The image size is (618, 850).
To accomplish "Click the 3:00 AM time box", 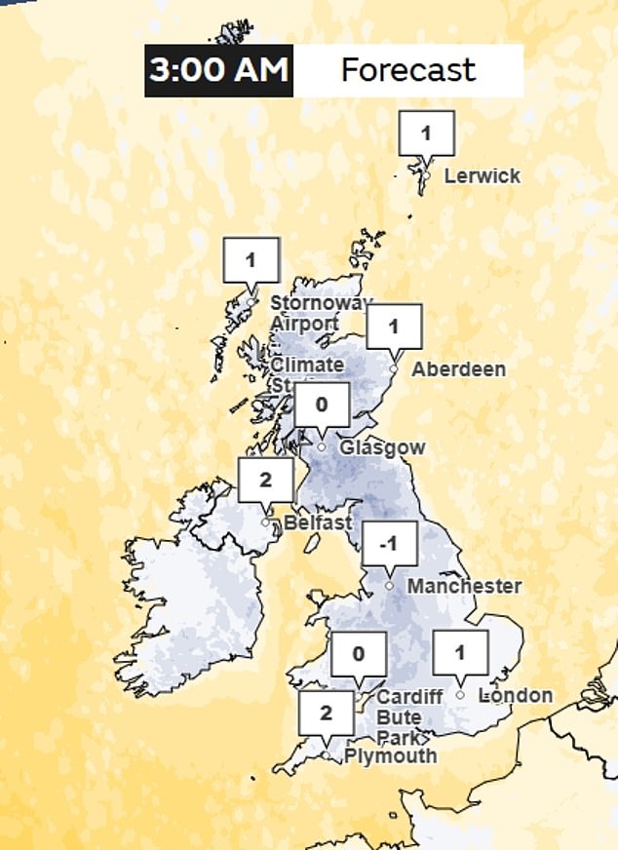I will [219, 70].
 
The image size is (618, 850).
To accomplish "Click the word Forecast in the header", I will [407, 70].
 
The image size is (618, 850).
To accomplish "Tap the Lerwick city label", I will [482, 176].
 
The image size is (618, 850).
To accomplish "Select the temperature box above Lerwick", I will [426, 131].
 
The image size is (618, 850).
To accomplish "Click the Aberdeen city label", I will [458, 369].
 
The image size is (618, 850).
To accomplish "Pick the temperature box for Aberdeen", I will [394, 327].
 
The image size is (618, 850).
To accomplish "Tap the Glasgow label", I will [382, 447].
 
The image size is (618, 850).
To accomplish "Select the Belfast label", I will [318, 523].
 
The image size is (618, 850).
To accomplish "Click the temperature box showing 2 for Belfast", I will [266, 479].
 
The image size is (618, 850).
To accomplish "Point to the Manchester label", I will [464, 587].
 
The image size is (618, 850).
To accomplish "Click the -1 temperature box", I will [390, 544].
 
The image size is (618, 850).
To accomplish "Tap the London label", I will [515, 696].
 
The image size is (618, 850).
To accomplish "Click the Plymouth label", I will [390, 755].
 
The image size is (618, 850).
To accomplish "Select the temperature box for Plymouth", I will [327, 713].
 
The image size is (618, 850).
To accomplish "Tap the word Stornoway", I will [319, 303].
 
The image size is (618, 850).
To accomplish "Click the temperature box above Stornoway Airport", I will [251, 260].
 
